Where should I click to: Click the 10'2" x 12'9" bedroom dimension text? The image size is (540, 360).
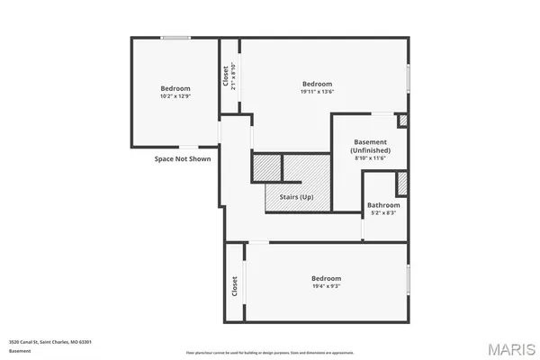(x=175, y=95)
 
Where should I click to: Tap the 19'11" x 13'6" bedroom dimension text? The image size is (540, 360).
(x=317, y=92)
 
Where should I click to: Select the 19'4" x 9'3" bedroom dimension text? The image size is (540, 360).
(x=326, y=286)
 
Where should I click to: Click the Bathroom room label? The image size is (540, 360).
(x=384, y=205)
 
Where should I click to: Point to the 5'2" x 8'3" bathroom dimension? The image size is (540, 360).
(x=384, y=213)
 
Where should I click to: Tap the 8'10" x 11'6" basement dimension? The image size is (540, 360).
(x=370, y=158)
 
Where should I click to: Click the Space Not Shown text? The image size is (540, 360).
(x=182, y=159)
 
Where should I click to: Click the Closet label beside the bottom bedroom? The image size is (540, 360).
(x=234, y=286)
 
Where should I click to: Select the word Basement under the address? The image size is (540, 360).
(x=18, y=351)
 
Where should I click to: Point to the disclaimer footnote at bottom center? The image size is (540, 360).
(x=270, y=353)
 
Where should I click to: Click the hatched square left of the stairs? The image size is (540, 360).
(x=266, y=167)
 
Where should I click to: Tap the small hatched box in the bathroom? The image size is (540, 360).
(x=402, y=183)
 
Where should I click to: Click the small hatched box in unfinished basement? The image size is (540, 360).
(x=402, y=120)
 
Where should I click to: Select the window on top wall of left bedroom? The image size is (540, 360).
(x=175, y=37)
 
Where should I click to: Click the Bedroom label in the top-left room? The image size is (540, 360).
(x=175, y=87)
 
